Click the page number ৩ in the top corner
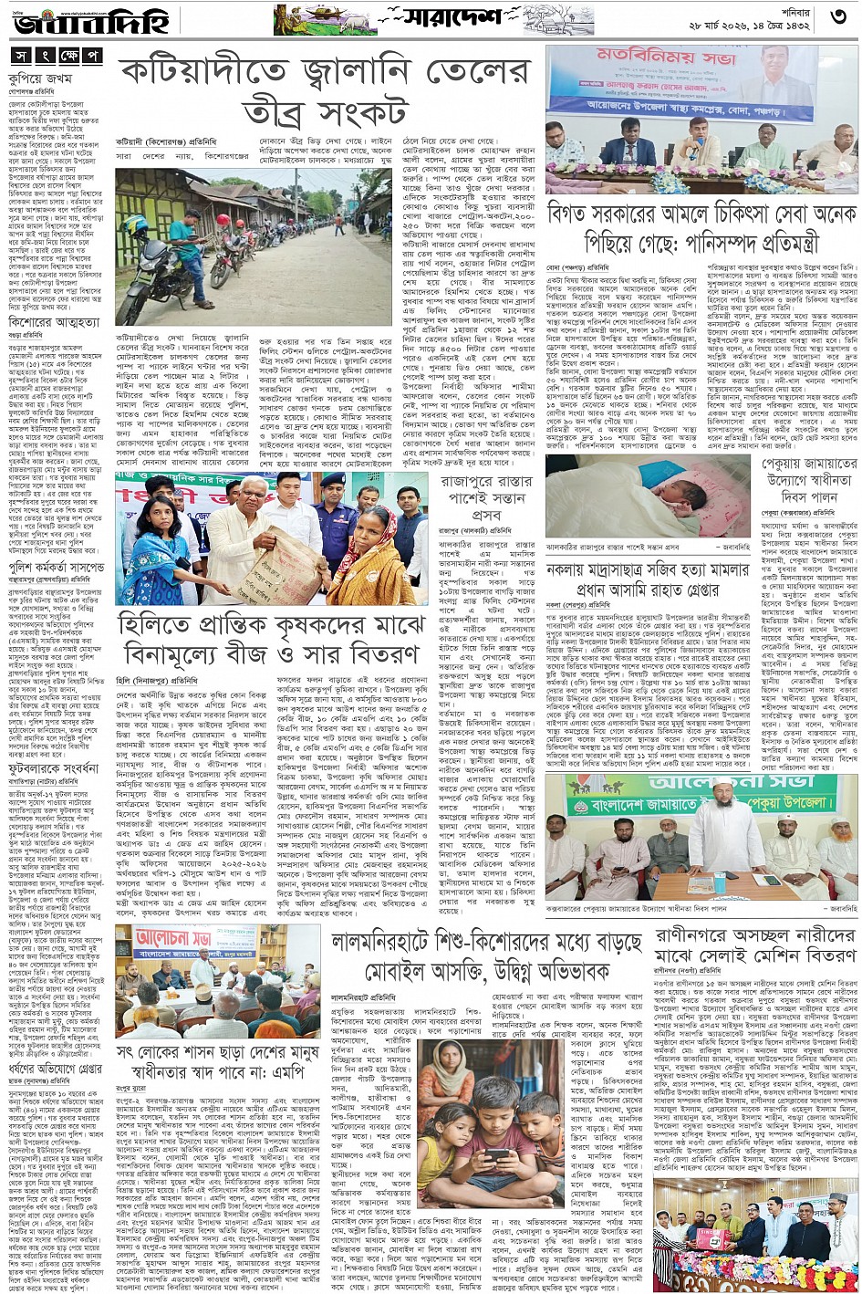tap(840, 16)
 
